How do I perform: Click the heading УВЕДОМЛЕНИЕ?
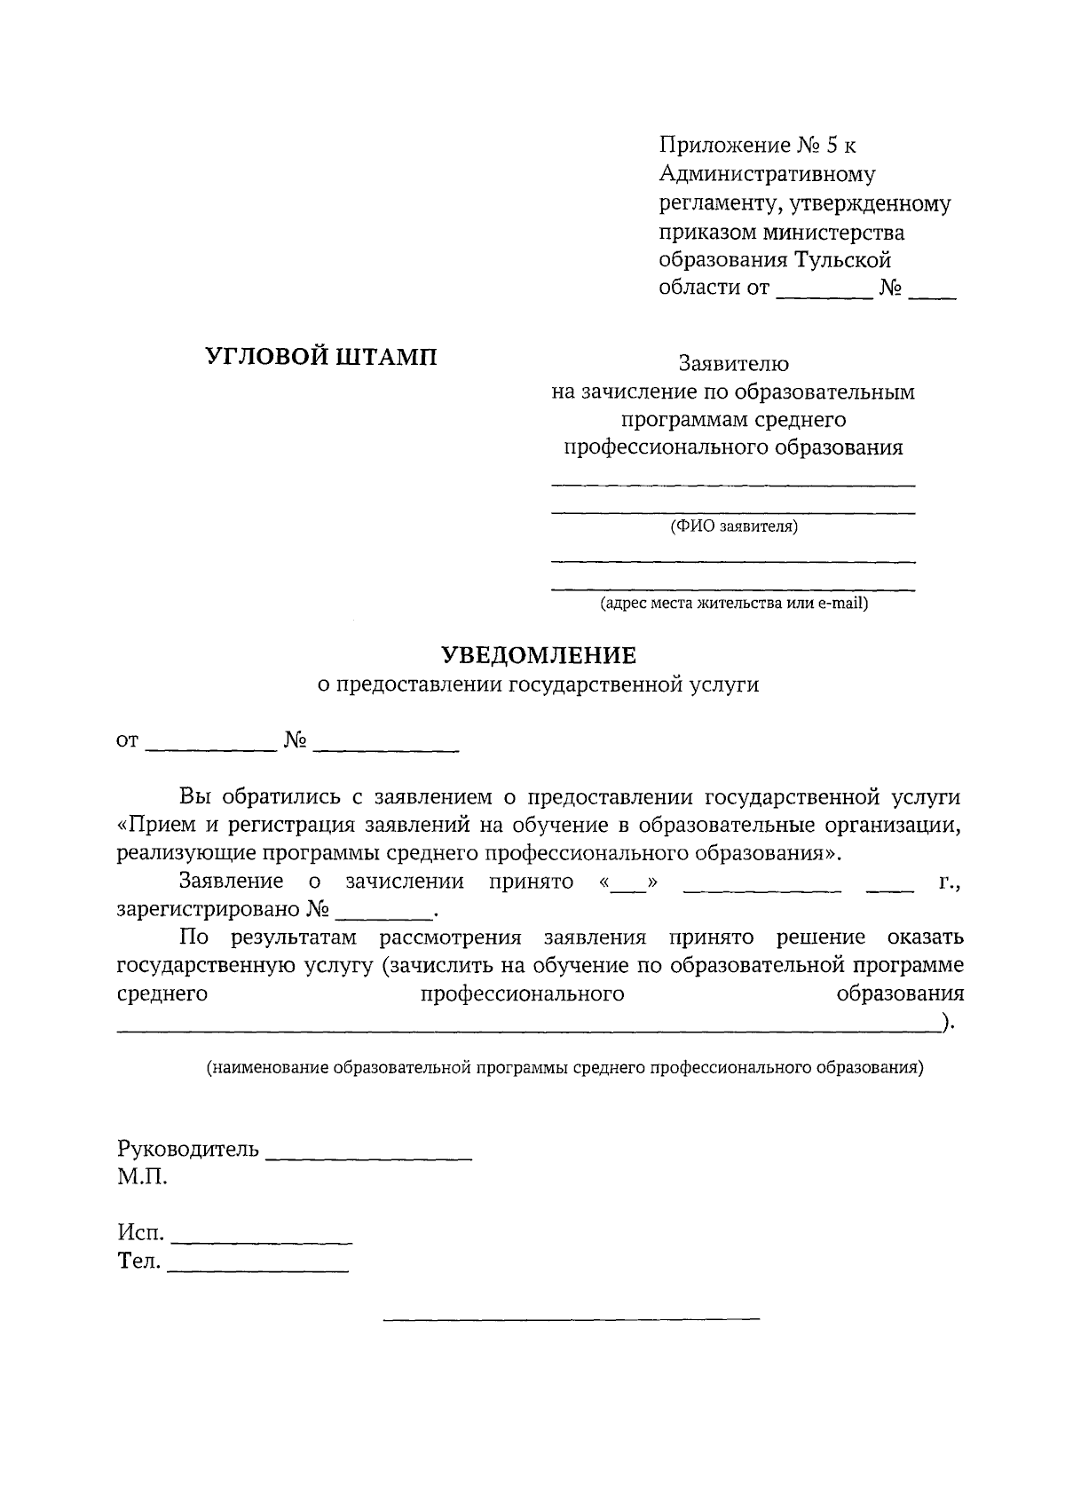(x=540, y=655)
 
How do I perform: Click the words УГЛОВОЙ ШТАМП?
(x=321, y=357)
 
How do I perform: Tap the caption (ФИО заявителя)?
(x=734, y=527)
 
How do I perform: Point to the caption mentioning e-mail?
(x=734, y=605)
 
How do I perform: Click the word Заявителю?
(x=734, y=363)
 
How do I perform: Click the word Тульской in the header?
(x=842, y=260)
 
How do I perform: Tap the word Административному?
(x=767, y=174)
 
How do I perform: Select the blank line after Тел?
(x=258, y=1269)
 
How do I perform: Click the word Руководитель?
(x=188, y=1149)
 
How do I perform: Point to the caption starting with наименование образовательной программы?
(x=565, y=1068)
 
